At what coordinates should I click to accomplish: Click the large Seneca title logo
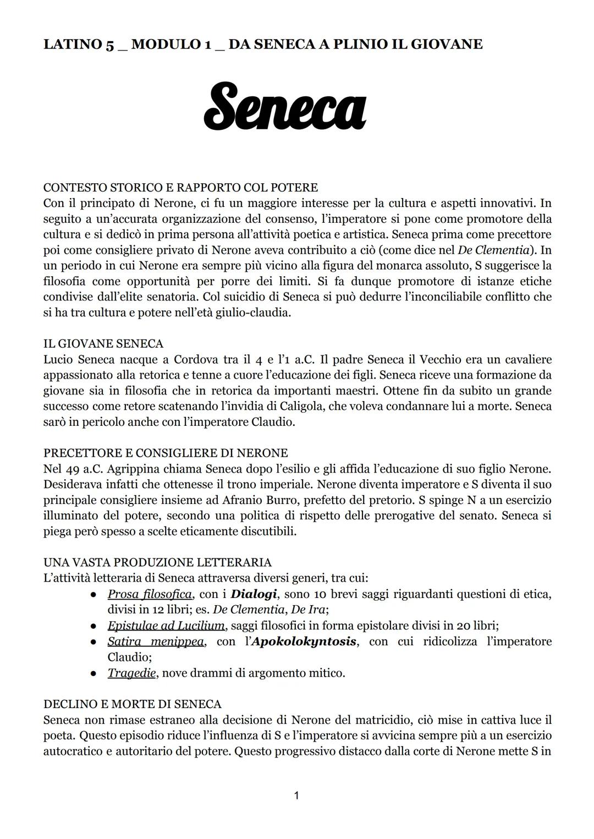pyautogui.click(x=284, y=106)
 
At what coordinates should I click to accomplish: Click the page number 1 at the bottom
pyautogui.click(x=296, y=795)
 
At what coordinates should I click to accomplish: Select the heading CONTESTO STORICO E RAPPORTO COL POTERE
pyautogui.click(x=180, y=188)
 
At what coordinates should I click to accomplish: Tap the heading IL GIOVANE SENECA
pyautogui.click(x=103, y=344)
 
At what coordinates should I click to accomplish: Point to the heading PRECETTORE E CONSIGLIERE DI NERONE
pyautogui.click(x=166, y=453)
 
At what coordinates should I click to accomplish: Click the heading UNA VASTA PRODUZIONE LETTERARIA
pyautogui.click(x=157, y=562)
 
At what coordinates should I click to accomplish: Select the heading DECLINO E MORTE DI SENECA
pyautogui.click(x=132, y=704)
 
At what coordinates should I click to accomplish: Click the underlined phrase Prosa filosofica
pyautogui.click(x=150, y=594)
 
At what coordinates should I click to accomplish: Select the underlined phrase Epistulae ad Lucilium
pyautogui.click(x=166, y=626)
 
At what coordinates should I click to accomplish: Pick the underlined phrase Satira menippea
pyautogui.click(x=155, y=641)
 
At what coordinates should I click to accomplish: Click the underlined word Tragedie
pyautogui.click(x=131, y=673)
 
